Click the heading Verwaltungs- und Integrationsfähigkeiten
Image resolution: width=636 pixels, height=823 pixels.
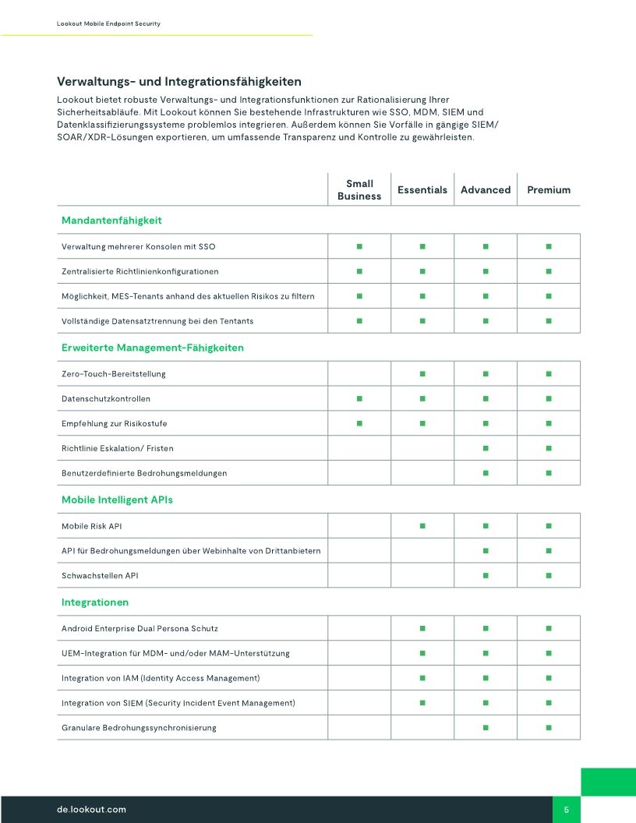[179, 82]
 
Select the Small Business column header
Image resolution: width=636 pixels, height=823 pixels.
[359, 190]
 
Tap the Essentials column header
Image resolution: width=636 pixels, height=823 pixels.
[422, 190]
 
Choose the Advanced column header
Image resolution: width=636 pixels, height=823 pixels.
[486, 190]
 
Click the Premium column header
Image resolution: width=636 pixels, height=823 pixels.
[549, 190]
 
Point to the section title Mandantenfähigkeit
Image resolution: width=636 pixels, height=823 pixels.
[111, 221]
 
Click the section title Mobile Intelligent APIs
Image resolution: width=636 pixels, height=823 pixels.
[117, 500]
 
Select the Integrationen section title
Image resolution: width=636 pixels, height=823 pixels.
[95, 602]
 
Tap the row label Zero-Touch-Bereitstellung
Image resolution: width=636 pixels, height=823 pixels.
[114, 374]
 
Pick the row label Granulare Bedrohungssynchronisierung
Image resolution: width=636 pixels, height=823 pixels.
[139, 728]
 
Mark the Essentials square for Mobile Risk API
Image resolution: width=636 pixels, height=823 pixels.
[422, 526]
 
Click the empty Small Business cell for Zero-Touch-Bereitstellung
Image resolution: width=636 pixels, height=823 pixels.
[359, 374]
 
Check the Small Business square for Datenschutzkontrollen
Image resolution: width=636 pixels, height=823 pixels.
[359, 399]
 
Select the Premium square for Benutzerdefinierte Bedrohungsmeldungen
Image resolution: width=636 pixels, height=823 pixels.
[549, 473]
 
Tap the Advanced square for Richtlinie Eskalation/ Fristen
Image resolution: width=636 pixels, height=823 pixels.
[486, 448]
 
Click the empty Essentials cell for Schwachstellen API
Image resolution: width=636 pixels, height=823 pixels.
[422, 575]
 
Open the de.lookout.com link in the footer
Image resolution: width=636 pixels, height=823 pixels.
[91, 810]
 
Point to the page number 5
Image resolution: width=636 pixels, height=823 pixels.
[567, 810]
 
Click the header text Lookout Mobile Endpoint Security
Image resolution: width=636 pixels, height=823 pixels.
[108, 24]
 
